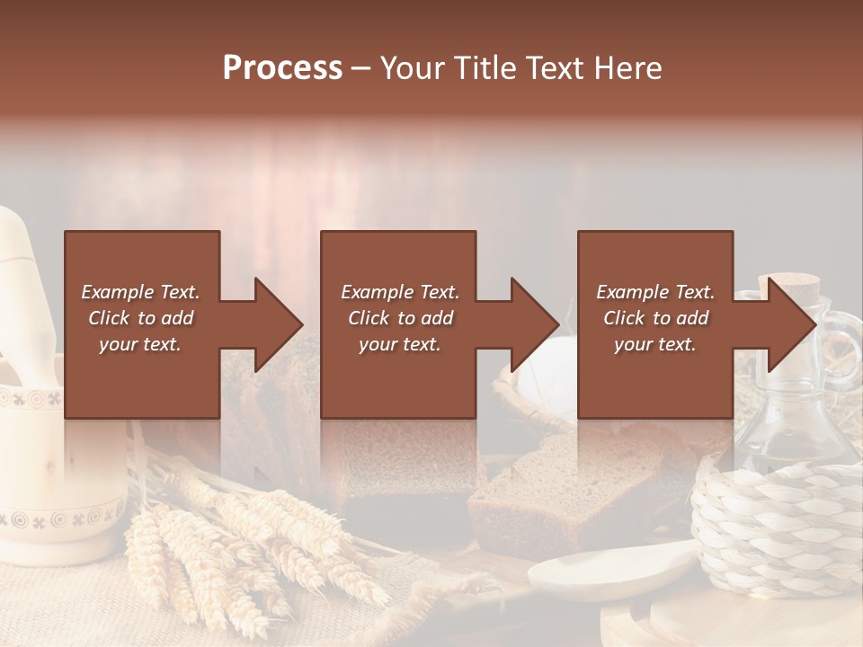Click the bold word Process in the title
coord(282,68)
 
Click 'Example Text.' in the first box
coord(140,292)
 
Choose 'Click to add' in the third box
coord(655,318)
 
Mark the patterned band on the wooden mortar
coord(54,518)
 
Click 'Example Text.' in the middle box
coord(400,292)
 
